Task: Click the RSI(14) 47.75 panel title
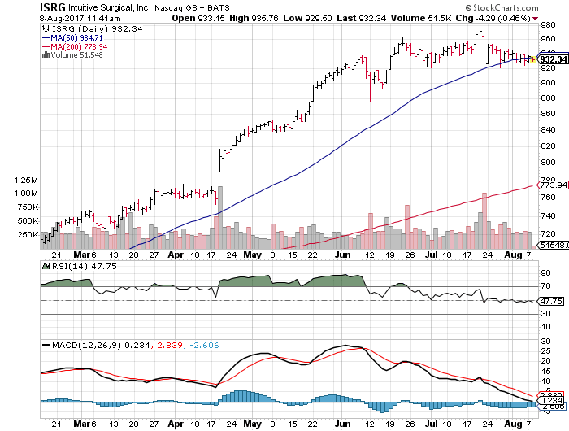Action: (72, 265)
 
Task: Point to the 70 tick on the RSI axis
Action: (543, 286)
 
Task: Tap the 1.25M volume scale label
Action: (25, 180)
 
